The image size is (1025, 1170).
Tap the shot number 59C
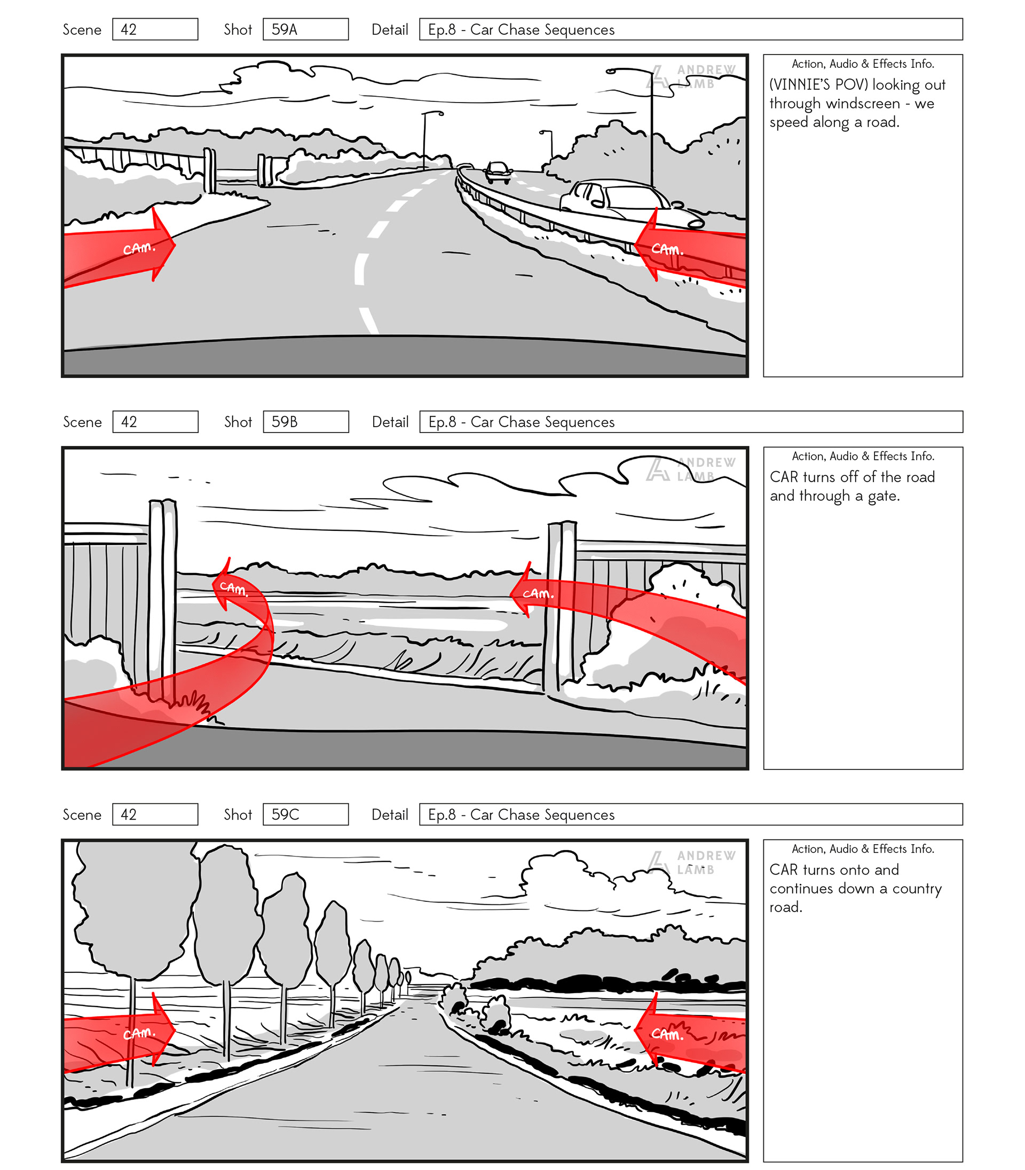click(285, 814)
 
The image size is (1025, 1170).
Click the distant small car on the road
click(498, 171)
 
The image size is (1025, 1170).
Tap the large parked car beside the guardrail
click(624, 200)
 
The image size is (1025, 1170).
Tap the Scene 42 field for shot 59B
click(155, 422)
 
